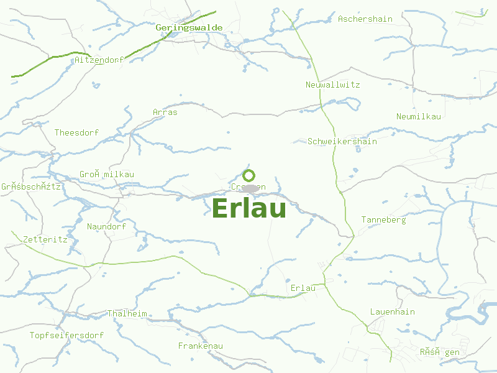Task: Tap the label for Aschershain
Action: point(365,19)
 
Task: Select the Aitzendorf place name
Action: point(99,60)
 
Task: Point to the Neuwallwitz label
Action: point(333,85)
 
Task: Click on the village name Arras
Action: point(165,113)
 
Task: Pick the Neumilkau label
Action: point(419,117)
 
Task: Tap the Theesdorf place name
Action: point(76,133)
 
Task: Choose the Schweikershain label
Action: point(342,142)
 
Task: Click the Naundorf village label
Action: point(106,227)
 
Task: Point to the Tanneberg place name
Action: point(384,220)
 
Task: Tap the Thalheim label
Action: point(127,314)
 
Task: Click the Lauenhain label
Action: point(393,312)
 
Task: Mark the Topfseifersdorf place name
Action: point(66,336)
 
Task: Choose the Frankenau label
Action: point(200,346)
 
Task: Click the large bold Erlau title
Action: point(249,209)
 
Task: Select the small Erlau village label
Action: point(303,288)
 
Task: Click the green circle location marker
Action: point(249,175)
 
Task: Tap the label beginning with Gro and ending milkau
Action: point(106,175)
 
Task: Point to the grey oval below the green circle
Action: point(250,188)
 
